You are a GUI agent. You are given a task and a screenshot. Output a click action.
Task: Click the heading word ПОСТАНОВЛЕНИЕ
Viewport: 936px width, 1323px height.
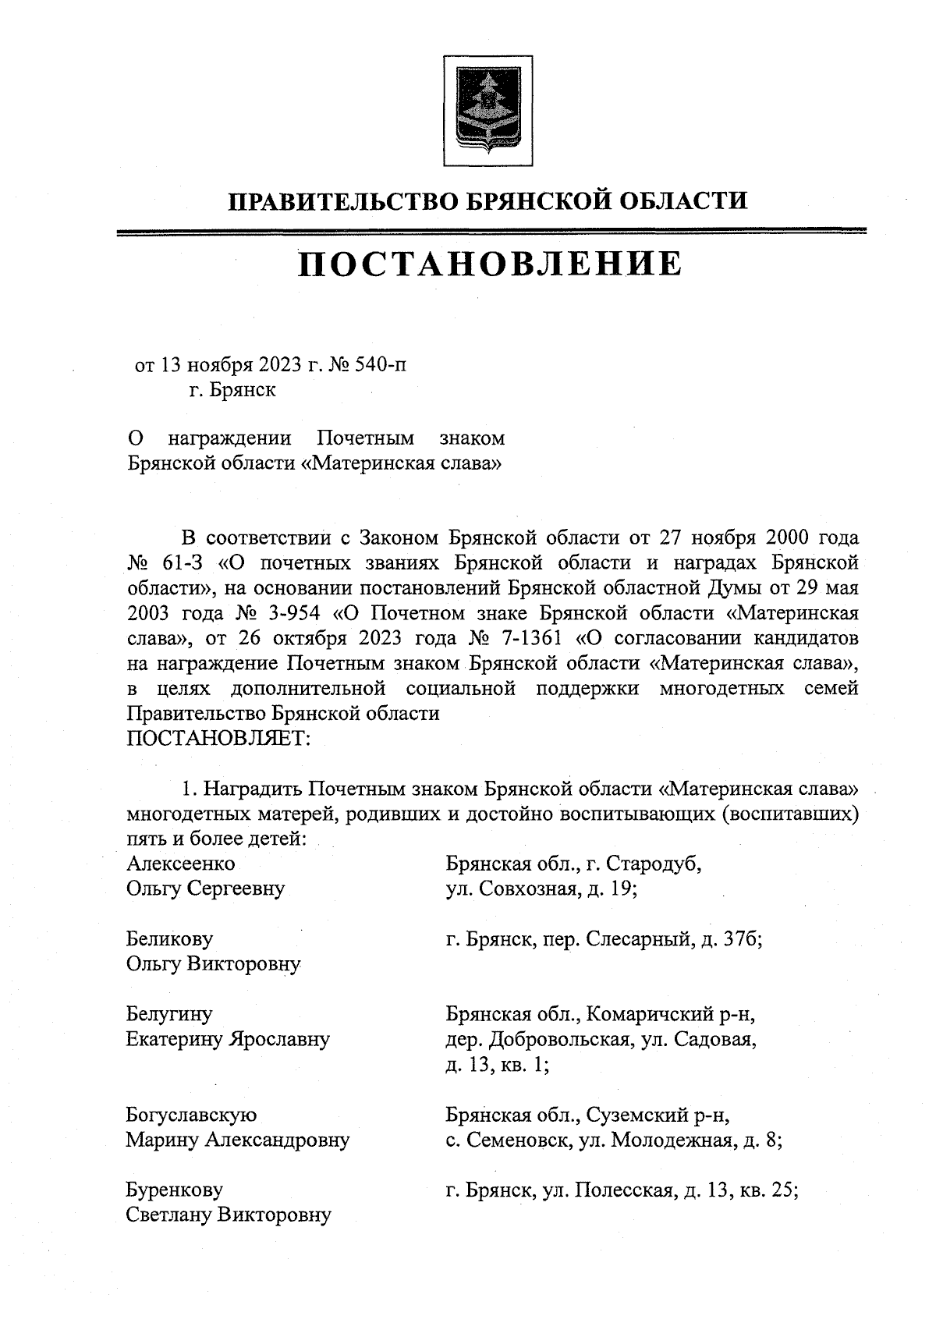[x=489, y=264]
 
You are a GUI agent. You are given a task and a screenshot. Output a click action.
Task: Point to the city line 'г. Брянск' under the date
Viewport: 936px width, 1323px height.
[x=232, y=389]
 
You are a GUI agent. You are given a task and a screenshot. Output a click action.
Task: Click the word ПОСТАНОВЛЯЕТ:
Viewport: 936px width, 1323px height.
[x=218, y=737]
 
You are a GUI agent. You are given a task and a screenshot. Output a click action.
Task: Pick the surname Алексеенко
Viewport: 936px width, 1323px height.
[x=180, y=864]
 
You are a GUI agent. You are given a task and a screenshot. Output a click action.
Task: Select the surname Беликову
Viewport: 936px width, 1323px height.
[x=169, y=939]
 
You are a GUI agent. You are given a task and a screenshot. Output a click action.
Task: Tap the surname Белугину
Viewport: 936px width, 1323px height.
[x=168, y=1014]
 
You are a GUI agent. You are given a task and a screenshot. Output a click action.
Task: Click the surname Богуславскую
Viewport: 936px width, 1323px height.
[x=191, y=1115]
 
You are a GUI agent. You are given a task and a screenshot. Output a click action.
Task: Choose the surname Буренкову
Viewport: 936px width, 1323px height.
[x=174, y=1190]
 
